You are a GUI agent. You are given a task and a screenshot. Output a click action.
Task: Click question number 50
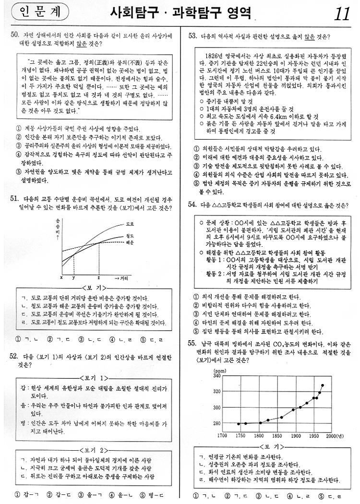click(14, 35)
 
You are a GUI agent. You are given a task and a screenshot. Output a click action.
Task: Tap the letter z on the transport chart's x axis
click(98, 278)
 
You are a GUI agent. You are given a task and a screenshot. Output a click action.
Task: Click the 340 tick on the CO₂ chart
click(216, 376)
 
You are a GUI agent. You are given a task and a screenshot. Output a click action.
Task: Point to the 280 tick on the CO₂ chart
click(216, 423)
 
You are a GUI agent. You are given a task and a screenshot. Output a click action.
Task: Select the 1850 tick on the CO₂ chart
click(277, 436)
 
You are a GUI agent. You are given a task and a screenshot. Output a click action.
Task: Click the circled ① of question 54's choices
click(196, 297)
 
